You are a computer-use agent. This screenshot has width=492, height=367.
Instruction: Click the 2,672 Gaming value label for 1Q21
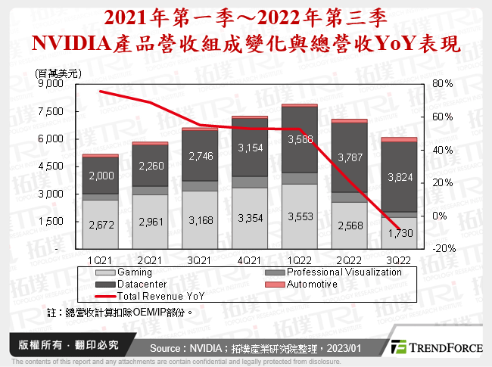point(100,225)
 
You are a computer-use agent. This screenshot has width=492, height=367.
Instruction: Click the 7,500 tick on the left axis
point(55,111)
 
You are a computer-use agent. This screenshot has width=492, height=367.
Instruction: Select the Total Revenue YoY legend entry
point(160,297)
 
